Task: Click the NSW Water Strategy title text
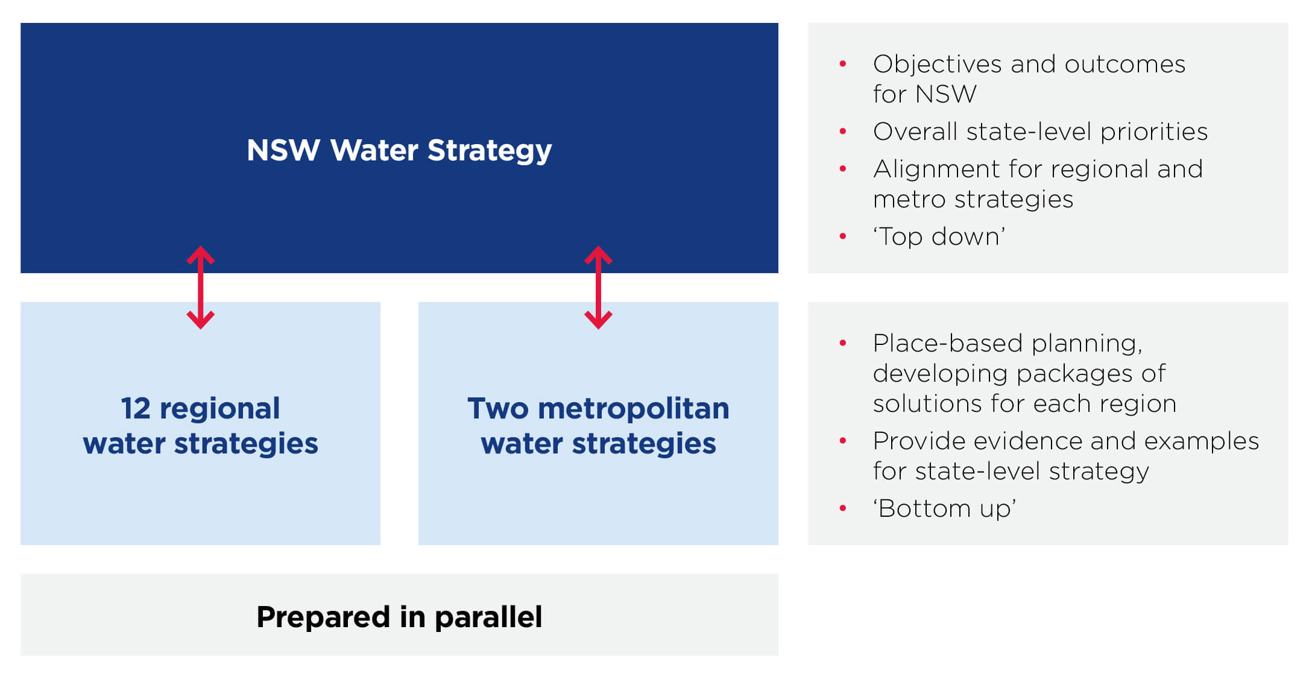pos(399,150)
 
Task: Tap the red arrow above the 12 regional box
pos(201,287)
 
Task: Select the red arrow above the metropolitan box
pos(598,287)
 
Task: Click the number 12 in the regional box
pos(135,409)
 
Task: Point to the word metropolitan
pos(633,409)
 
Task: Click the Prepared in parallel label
pos(399,617)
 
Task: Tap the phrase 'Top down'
pos(939,236)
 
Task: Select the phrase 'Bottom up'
pos(944,508)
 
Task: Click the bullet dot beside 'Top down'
pos(843,236)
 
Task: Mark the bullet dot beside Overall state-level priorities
pos(843,131)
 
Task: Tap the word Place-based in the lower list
pos(948,344)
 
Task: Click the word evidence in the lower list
pos(1027,441)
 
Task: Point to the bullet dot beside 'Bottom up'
pos(843,508)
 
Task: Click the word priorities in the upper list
pos(1153,132)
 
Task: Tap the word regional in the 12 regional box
pos(219,409)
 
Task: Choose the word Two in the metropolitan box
pos(497,409)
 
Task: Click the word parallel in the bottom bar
pos(488,617)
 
